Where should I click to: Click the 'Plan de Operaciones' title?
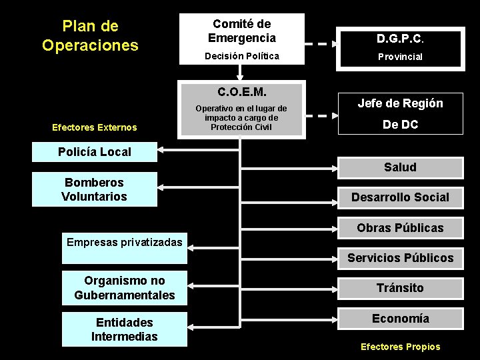click(x=90, y=35)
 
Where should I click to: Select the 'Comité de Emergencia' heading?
click(x=241, y=31)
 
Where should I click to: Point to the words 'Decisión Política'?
click(x=241, y=56)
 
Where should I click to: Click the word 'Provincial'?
click(x=400, y=57)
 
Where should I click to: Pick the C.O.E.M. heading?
click(x=241, y=90)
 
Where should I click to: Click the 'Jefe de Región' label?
click(x=400, y=103)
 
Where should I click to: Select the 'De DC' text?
click(x=400, y=124)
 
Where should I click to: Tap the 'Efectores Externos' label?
click(x=95, y=127)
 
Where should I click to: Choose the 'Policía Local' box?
click(x=95, y=151)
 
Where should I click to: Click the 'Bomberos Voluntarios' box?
click(x=95, y=189)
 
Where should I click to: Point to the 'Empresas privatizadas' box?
click(x=124, y=242)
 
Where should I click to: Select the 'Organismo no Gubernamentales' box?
click(x=125, y=288)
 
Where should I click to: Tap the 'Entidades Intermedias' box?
click(x=125, y=329)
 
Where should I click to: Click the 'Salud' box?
click(x=400, y=167)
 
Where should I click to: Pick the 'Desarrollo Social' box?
click(x=400, y=197)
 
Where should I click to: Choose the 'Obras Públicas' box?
click(x=400, y=227)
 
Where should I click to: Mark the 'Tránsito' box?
click(x=400, y=288)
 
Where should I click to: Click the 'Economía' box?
click(x=400, y=318)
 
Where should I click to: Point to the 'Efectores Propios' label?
click(x=400, y=347)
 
